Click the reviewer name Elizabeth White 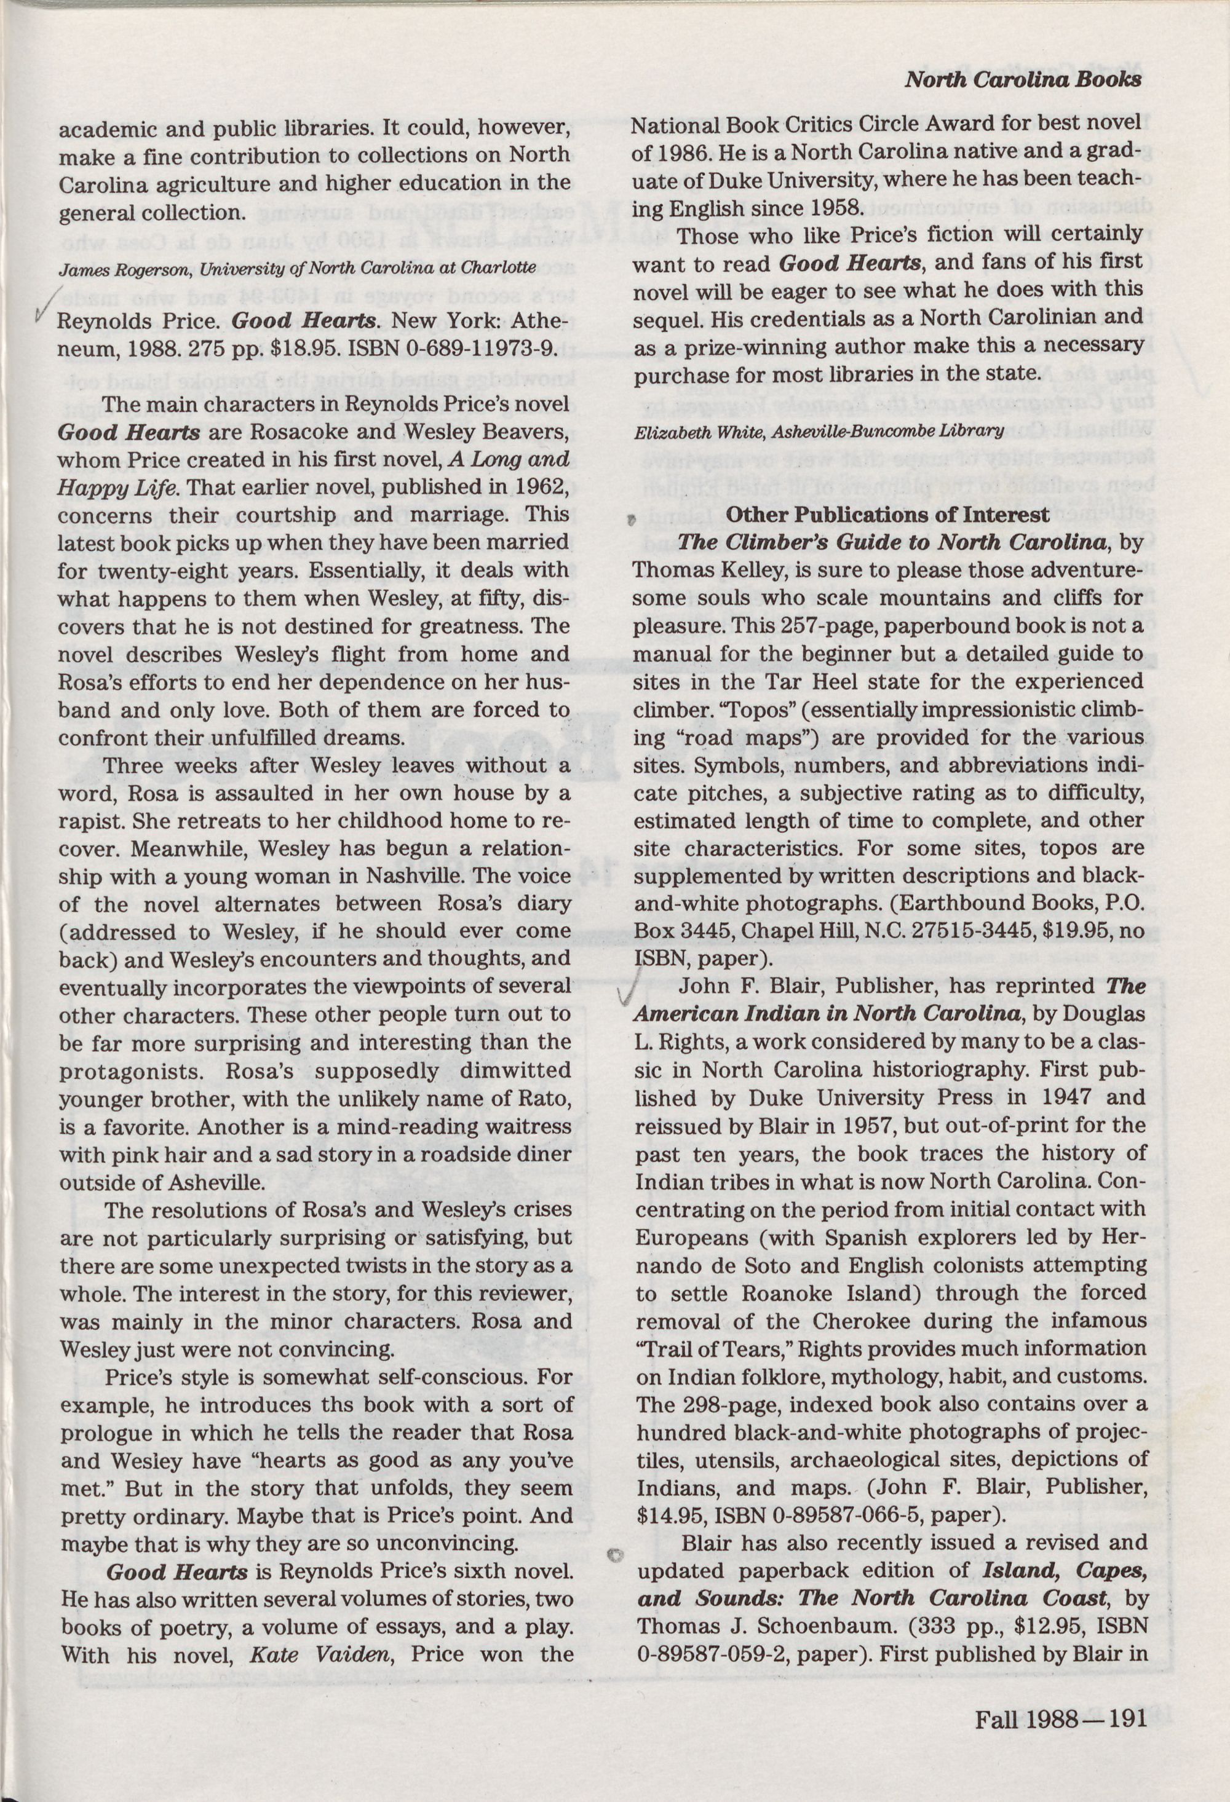click(x=689, y=430)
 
